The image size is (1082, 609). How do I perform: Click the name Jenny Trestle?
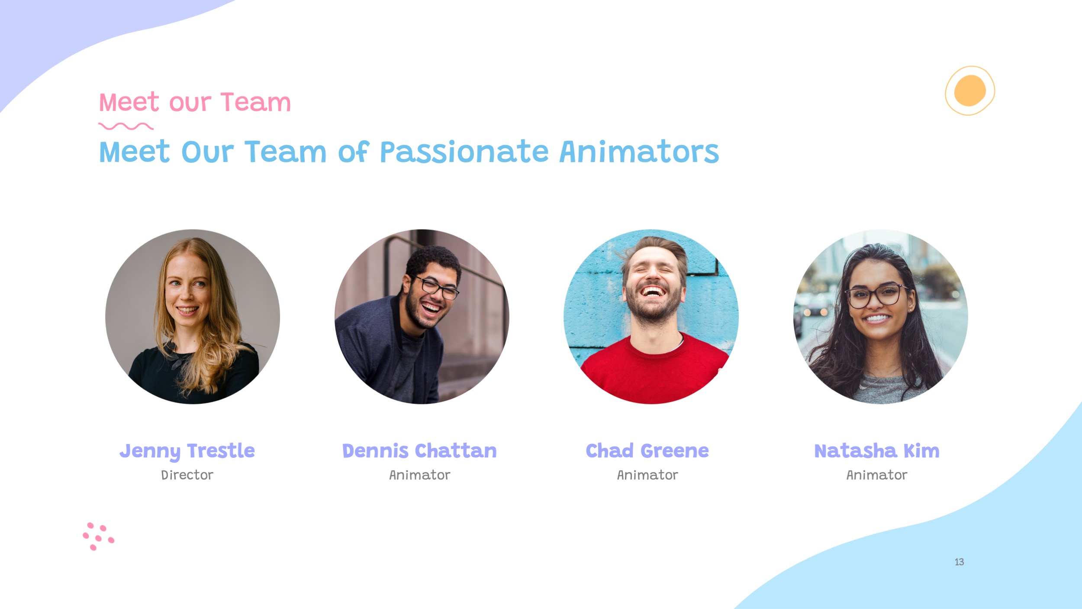pyautogui.click(x=187, y=451)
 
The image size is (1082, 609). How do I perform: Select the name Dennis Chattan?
pyautogui.click(x=419, y=451)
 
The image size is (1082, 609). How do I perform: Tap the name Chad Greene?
pyautogui.click(x=647, y=451)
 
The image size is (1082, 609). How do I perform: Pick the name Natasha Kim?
pyautogui.click(x=877, y=451)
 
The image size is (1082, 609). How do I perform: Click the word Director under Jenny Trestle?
pyautogui.click(x=187, y=475)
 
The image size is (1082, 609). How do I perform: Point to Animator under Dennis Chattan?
pyautogui.click(x=419, y=475)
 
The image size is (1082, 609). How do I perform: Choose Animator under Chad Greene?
pyautogui.click(x=647, y=475)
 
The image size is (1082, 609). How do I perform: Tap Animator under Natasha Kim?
pyautogui.click(x=877, y=475)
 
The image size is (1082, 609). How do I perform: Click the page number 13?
pyautogui.click(x=959, y=562)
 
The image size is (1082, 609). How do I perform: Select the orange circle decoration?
pyautogui.click(x=970, y=91)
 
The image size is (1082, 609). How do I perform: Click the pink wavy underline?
pyautogui.click(x=126, y=126)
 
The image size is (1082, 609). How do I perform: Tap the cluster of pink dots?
pyautogui.click(x=98, y=536)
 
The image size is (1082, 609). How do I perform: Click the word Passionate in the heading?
pyautogui.click(x=464, y=152)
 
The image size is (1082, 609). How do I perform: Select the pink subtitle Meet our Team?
pyautogui.click(x=195, y=102)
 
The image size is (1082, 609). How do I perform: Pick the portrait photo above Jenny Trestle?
pyautogui.click(x=193, y=317)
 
